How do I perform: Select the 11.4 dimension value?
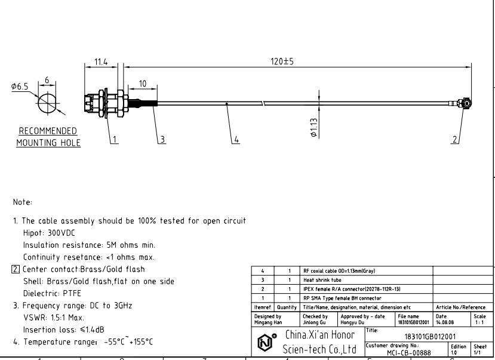[101, 61]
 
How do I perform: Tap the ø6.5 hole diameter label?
[20, 87]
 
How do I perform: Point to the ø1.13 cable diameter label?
[314, 127]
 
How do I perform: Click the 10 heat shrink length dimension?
[143, 84]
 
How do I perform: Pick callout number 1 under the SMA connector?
[115, 139]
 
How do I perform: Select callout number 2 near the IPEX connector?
[455, 139]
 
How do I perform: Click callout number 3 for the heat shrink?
[162, 139]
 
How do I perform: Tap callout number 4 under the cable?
[236, 139]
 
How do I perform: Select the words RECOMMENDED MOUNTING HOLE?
[48, 137]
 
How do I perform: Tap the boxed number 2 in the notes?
[16, 269]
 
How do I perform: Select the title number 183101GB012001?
[431, 337]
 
